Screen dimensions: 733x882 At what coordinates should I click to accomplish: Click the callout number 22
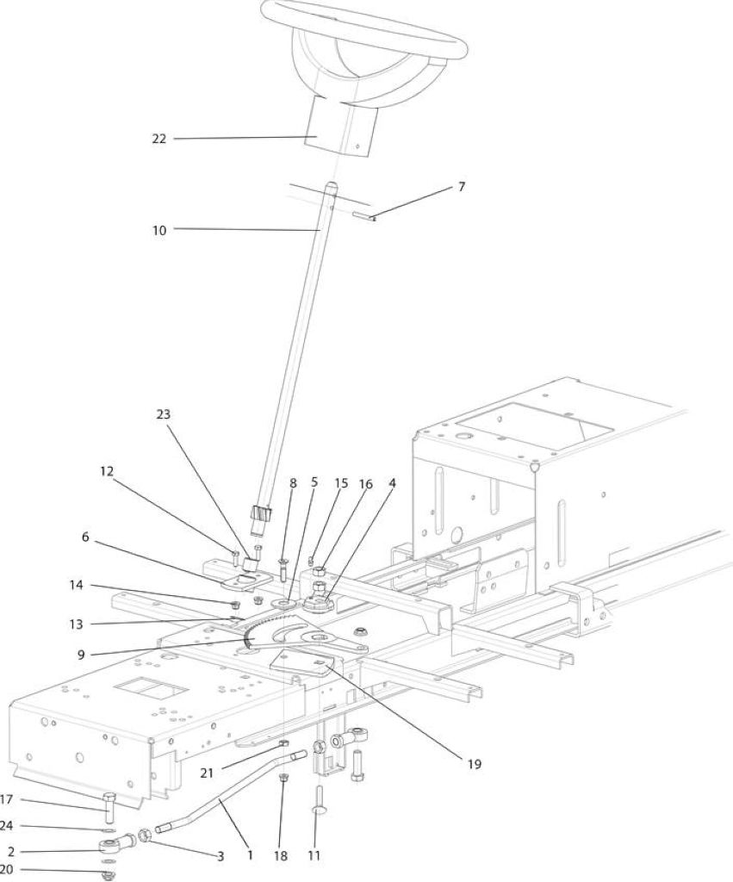[x=159, y=139]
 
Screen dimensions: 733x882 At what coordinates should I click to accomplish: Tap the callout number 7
[x=462, y=186]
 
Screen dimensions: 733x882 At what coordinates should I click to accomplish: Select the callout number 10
[x=159, y=230]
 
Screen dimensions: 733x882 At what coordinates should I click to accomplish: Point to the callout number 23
[x=163, y=414]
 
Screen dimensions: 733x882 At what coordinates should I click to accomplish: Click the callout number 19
[x=475, y=764]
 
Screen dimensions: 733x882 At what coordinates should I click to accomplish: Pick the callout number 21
[x=207, y=773]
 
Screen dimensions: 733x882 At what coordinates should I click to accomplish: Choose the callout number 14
[x=76, y=585]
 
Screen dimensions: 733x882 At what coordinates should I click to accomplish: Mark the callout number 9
[x=82, y=655]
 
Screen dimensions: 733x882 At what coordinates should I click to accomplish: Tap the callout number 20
[x=7, y=870]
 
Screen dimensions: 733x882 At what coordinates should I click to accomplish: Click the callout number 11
[x=314, y=855]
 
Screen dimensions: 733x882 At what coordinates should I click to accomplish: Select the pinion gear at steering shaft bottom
[x=260, y=514]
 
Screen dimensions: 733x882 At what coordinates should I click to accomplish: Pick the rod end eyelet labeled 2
[x=116, y=843]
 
